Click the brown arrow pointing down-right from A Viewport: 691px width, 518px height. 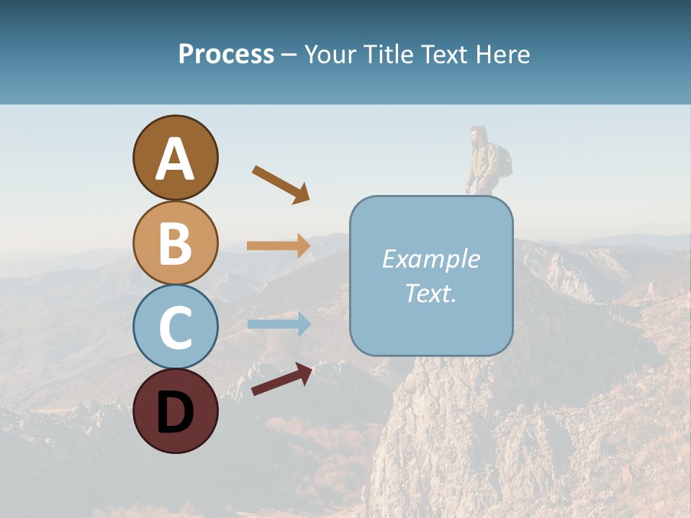(281, 184)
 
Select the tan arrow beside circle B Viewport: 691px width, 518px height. (279, 246)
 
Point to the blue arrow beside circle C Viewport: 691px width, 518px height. (279, 324)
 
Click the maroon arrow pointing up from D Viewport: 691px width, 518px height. (281, 379)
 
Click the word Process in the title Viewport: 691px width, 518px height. (226, 54)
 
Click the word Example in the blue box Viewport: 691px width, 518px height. (430, 259)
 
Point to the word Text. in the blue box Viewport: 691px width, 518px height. (430, 293)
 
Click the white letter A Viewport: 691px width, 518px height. (175, 160)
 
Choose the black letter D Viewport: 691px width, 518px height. (175, 412)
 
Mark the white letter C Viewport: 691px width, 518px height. (175, 327)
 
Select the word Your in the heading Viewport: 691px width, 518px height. (332, 54)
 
